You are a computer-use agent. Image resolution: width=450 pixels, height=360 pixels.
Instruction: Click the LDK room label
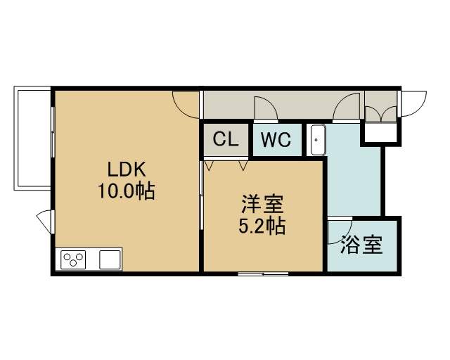127,169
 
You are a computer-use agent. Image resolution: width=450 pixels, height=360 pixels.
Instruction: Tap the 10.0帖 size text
127,191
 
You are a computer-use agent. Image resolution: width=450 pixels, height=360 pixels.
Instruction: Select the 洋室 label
262,204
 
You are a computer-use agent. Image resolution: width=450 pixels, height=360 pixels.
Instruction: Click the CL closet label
226,139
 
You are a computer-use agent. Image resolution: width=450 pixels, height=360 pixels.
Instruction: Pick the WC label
276,140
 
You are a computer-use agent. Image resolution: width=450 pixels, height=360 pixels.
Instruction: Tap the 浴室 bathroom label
361,245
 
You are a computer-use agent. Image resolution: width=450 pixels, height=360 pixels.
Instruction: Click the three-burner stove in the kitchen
73,260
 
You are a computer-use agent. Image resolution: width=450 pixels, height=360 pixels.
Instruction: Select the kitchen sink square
110,260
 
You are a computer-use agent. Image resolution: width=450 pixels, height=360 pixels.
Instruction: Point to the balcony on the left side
32,139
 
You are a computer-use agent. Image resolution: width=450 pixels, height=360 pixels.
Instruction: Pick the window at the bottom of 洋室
263,274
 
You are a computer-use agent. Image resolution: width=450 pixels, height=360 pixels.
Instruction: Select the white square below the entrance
381,133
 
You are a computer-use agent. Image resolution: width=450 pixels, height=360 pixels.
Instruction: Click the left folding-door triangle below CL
209,166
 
